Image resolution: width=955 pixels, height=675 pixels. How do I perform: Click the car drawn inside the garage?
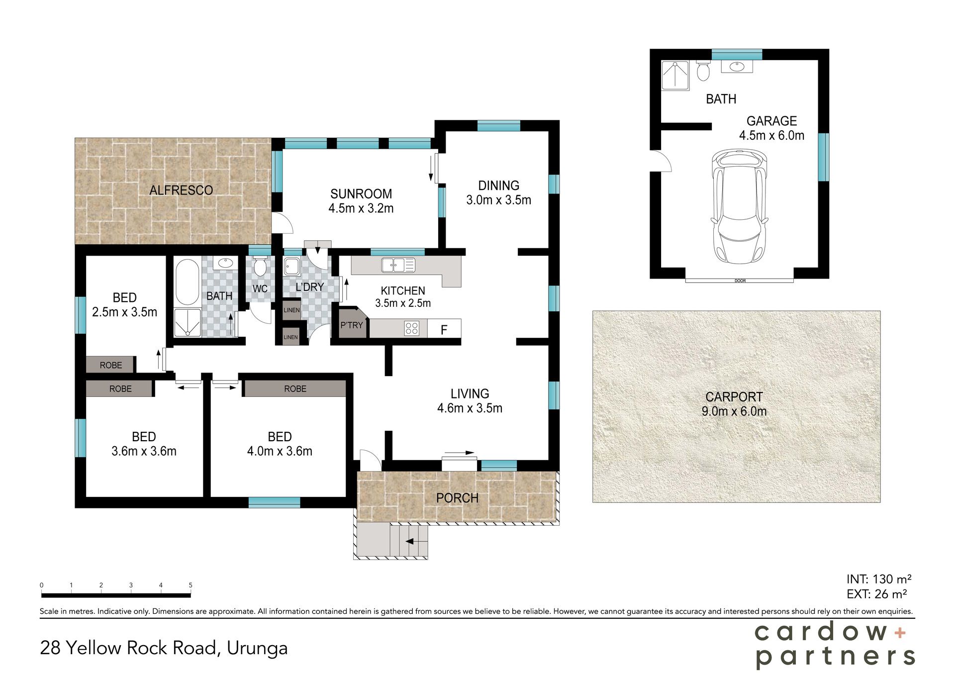pos(739,206)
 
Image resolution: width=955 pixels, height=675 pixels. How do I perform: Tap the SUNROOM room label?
pos(361,194)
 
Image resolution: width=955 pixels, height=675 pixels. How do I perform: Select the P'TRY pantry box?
pos(353,323)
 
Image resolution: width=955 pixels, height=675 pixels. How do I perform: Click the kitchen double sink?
pos(398,265)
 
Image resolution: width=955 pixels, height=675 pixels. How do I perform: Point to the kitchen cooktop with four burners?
pos(412,328)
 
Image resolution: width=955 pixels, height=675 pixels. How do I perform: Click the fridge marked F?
pos(444,329)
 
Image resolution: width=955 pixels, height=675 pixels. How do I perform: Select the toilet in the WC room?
pos(260,267)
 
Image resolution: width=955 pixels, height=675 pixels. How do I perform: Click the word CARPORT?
pos(734,397)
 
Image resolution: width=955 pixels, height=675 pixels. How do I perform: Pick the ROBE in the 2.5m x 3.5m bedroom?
pos(110,365)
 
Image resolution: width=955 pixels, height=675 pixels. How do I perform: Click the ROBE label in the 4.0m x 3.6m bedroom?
pos(295,388)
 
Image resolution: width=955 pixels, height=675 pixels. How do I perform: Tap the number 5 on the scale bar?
pos(191,585)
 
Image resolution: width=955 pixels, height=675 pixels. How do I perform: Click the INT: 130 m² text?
pos(879,579)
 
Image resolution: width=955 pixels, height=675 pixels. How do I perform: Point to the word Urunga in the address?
pos(257,649)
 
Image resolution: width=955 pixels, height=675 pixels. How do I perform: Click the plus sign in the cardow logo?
pos(900,633)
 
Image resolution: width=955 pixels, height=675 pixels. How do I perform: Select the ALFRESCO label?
pos(181,190)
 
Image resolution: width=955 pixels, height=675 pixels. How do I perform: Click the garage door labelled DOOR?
pos(740,281)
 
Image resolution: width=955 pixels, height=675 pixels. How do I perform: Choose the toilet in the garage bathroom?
pos(703,71)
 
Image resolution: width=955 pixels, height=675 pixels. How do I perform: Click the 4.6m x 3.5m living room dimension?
pos(470,408)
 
